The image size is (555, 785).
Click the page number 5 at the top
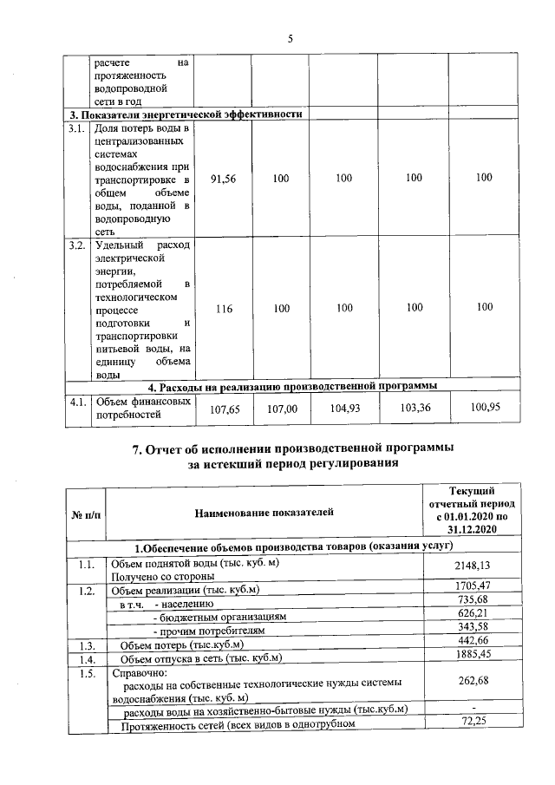pyautogui.click(x=290, y=38)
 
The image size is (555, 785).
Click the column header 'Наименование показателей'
pyautogui.click(x=263, y=514)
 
